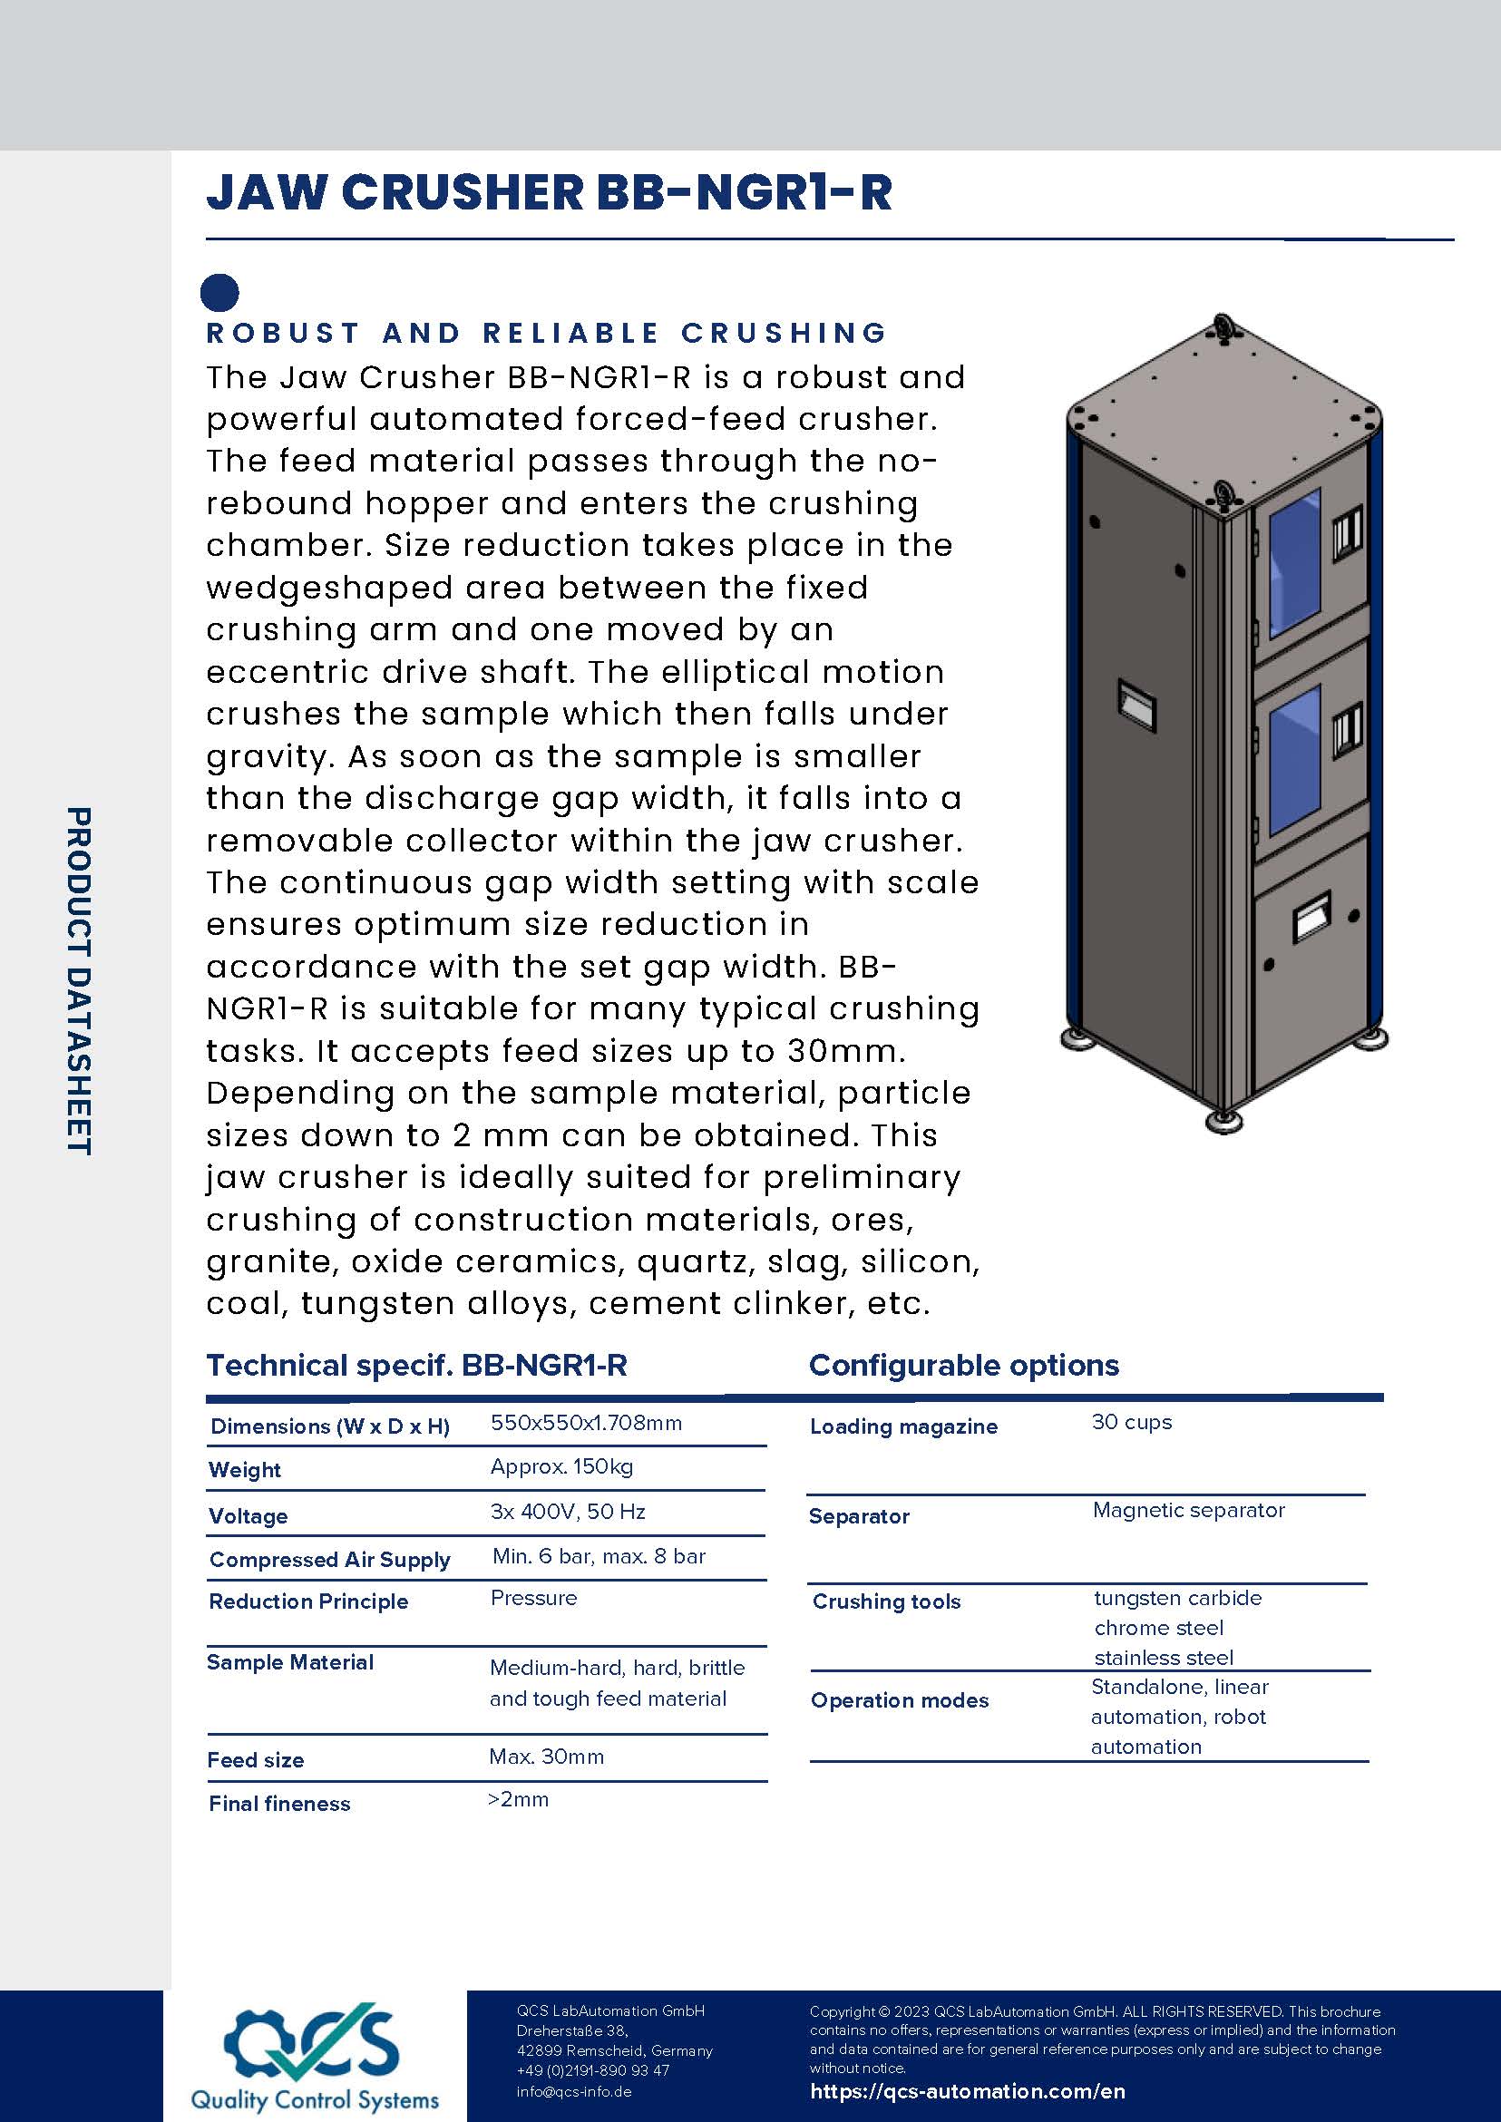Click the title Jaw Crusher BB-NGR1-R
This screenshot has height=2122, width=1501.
[x=549, y=192]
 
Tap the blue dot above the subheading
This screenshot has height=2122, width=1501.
[x=220, y=293]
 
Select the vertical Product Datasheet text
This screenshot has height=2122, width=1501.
[x=80, y=980]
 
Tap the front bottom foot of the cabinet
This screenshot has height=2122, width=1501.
[x=1223, y=1121]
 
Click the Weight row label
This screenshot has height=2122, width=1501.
[x=245, y=1469]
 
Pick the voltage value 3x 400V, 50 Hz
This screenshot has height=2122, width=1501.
[x=568, y=1511]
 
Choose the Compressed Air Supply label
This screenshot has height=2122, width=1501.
[x=330, y=1559]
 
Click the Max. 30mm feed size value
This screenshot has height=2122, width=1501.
[x=546, y=1756]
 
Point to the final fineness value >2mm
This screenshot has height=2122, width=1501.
[x=519, y=1798]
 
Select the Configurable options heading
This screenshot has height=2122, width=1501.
[x=963, y=1365]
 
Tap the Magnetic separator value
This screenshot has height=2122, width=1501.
[x=1189, y=1509]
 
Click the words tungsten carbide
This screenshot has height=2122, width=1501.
[x=1177, y=1598]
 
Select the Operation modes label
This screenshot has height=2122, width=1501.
[x=900, y=1699]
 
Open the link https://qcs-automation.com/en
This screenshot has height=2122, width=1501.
[x=968, y=2091]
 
